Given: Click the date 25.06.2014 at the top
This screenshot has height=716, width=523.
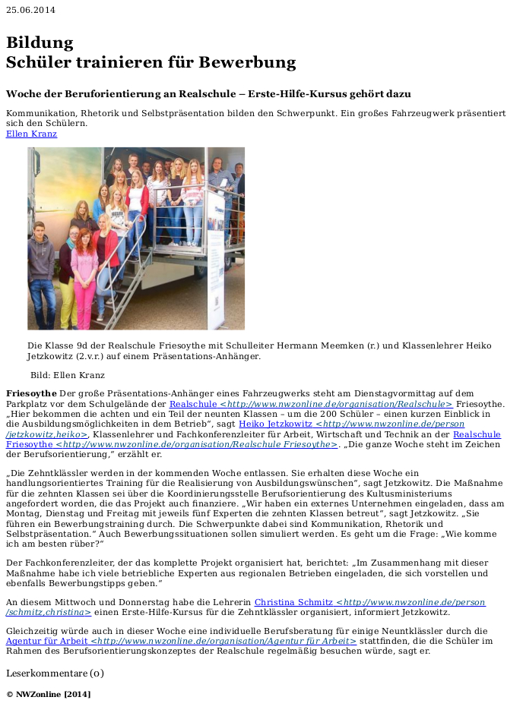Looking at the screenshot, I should coord(30,9).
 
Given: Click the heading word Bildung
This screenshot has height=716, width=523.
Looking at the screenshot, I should coord(40,43).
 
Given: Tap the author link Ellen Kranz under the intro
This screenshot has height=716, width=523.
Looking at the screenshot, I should coord(31,134).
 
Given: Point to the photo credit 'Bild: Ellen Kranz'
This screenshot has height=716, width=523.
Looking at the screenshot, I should coord(68,375).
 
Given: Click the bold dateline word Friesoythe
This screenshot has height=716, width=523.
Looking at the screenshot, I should coord(31,393).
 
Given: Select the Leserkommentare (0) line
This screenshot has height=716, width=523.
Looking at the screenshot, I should coord(55,673).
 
